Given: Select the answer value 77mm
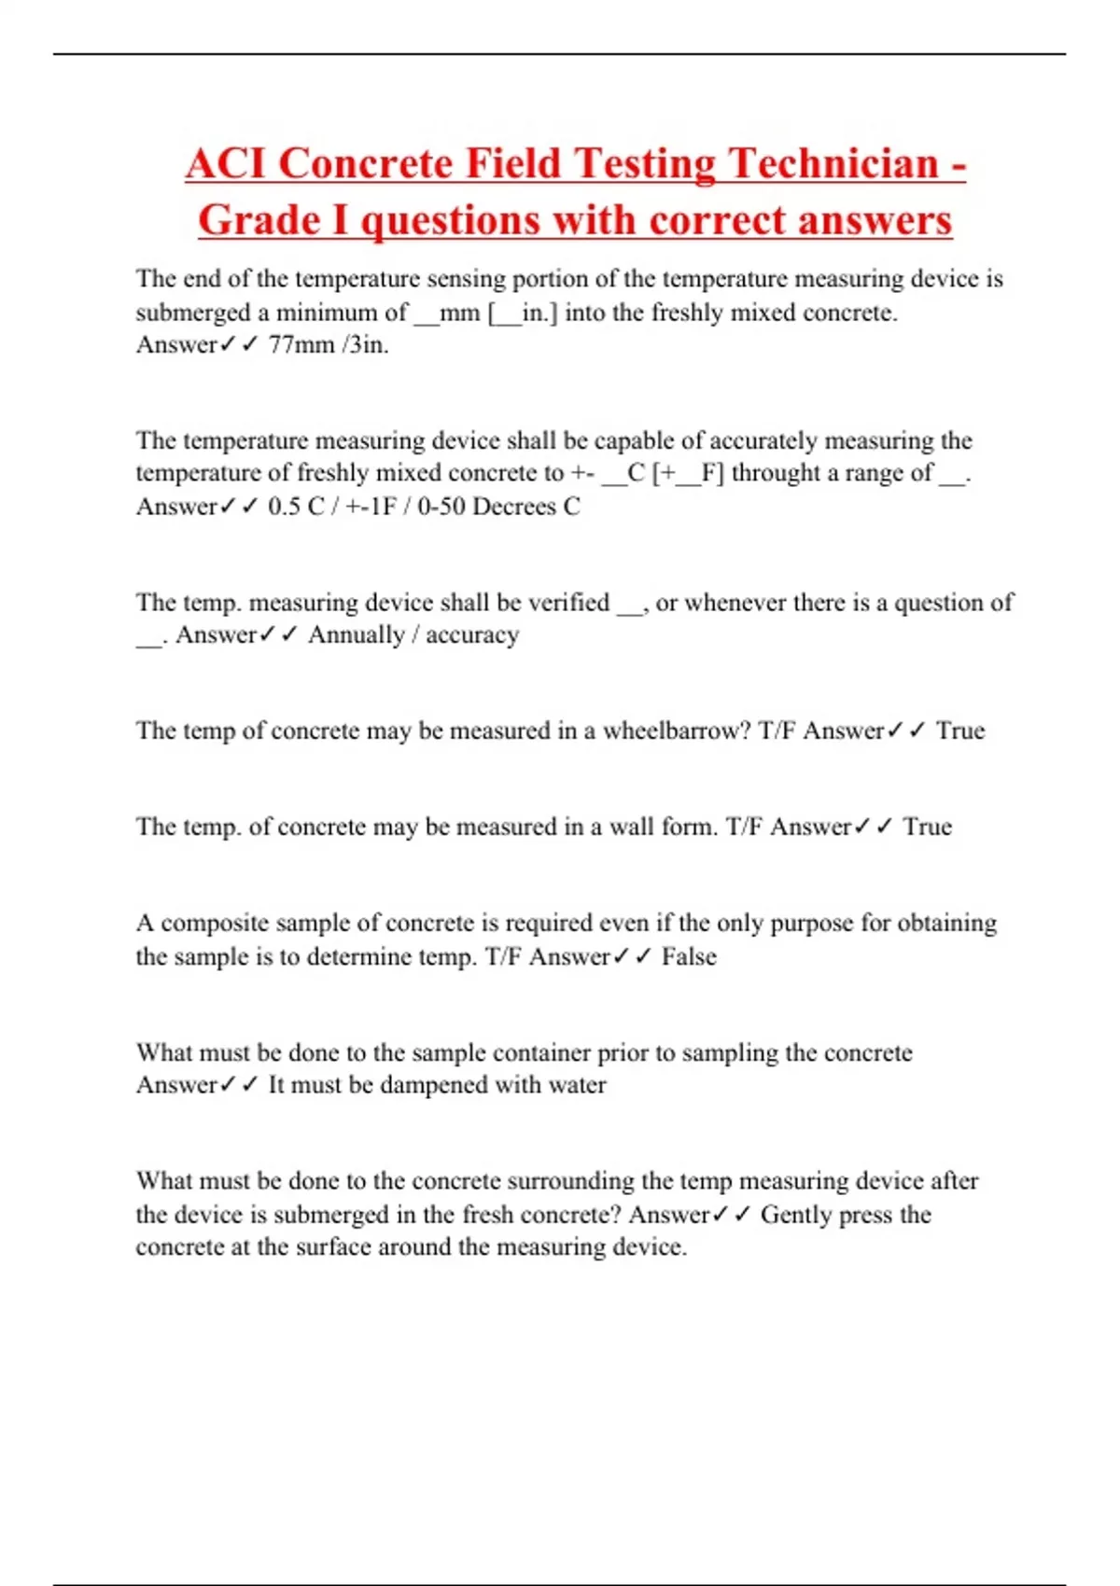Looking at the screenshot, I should tap(301, 345).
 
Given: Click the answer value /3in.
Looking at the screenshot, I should tap(365, 345).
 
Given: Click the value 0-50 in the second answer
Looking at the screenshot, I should tap(441, 507).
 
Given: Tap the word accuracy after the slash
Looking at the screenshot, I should tap(472, 635).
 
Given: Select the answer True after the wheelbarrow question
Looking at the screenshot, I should tap(960, 730).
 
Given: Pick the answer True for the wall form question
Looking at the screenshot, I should tap(927, 827).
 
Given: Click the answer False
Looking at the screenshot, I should tap(689, 957).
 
